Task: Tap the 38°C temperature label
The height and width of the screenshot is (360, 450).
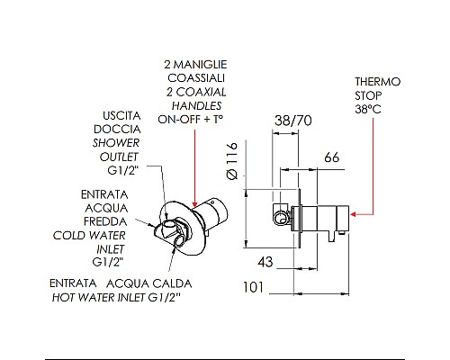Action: [x=369, y=109]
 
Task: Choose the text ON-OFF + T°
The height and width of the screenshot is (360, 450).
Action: [x=192, y=118]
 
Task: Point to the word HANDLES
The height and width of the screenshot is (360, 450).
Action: [x=193, y=105]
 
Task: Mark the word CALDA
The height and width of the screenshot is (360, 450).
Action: [x=182, y=282]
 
